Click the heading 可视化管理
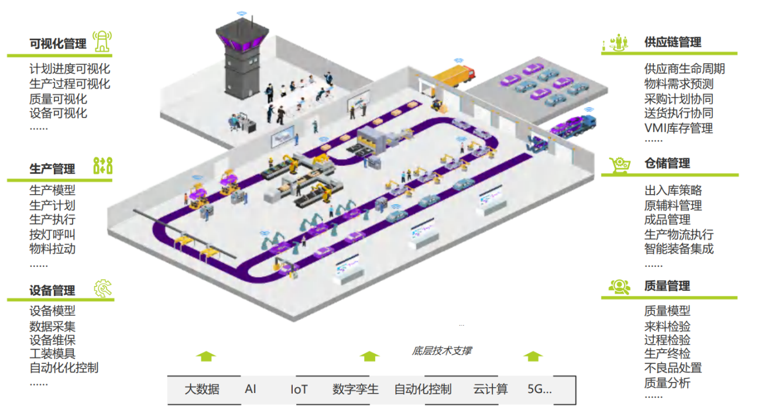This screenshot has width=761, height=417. (x=58, y=44)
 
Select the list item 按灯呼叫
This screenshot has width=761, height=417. (x=52, y=235)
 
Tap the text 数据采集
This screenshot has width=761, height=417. (x=52, y=326)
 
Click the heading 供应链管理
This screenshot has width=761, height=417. (x=673, y=43)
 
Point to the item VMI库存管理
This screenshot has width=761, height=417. (x=678, y=127)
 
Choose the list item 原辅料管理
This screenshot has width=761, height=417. (x=673, y=205)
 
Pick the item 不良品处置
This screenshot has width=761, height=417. (x=673, y=368)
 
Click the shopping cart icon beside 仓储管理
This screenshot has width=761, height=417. (x=619, y=164)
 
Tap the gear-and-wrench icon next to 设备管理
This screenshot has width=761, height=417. (x=103, y=289)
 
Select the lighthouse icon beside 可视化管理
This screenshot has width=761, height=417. (x=103, y=42)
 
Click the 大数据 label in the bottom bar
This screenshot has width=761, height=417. (x=202, y=389)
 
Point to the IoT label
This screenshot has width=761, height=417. (x=299, y=389)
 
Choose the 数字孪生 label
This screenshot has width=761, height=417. (x=355, y=389)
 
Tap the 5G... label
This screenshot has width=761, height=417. (x=539, y=389)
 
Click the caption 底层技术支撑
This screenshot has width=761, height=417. (x=441, y=351)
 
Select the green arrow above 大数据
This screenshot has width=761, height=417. (x=205, y=356)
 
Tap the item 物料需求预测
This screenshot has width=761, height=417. (x=678, y=84)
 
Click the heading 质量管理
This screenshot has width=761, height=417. (x=667, y=286)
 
